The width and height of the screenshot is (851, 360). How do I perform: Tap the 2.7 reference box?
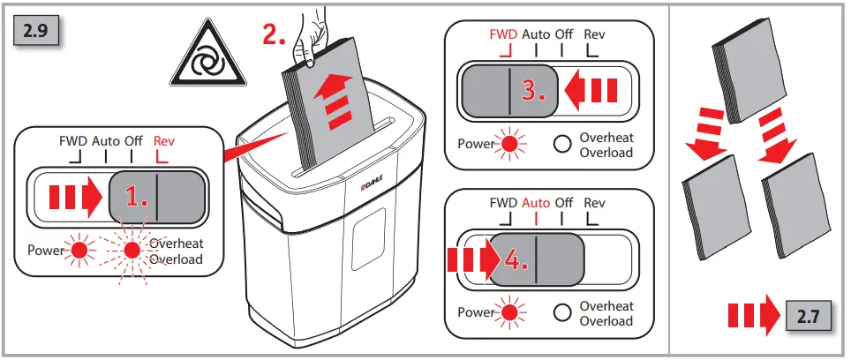809,316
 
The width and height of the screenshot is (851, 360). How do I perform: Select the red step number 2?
275,34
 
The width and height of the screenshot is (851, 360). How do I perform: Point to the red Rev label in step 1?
165,140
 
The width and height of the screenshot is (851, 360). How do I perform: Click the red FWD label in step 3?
504,34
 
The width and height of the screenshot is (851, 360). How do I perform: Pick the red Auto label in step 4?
536,202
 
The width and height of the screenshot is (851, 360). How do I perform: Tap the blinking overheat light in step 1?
132,251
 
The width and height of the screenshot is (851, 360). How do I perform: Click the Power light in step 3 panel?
508,143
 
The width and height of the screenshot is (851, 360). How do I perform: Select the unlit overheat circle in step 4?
561,311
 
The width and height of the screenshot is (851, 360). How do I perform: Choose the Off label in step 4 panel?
563,202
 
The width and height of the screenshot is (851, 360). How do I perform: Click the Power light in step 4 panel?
508,311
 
